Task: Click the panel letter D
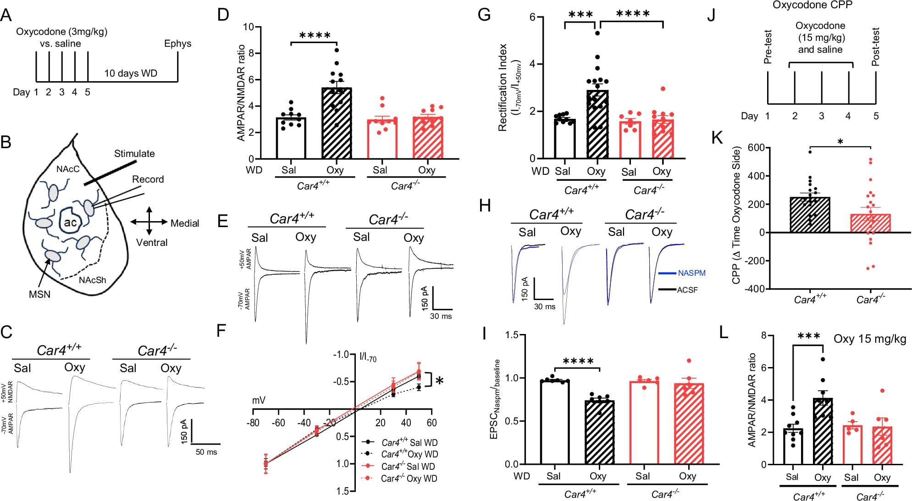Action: point(223,15)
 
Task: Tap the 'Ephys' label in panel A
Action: point(178,44)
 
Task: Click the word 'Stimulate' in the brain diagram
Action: point(134,153)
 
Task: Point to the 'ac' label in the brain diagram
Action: point(71,223)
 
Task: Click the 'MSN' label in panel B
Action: point(40,294)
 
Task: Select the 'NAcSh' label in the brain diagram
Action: point(92,280)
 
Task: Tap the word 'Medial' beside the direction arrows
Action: point(185,223)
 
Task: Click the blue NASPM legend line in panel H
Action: point(667,273)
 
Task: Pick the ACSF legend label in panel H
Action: point(687,289)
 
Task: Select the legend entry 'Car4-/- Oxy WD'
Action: point(409,479)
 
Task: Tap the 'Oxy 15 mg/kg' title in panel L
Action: point(869,339)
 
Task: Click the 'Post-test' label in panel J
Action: point(876,47)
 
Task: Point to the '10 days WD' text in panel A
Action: point(131,73)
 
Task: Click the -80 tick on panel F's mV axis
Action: point(253,423)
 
